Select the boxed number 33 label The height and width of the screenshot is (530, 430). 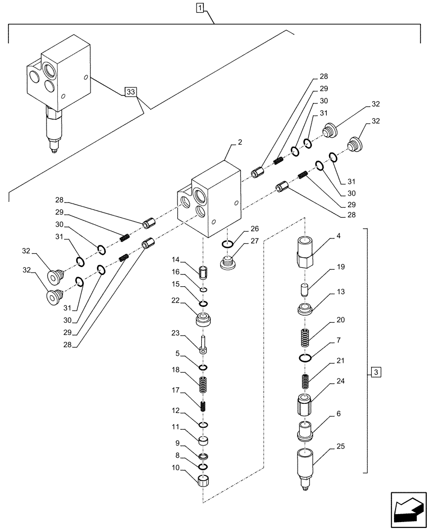(131, 92)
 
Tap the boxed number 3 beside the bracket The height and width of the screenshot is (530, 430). (375, 372)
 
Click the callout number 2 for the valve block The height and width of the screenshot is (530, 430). (239, 142)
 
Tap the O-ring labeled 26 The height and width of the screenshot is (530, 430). (227, 244)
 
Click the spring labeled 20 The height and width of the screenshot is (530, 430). (305, 337)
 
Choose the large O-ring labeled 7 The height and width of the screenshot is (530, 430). (305, 358)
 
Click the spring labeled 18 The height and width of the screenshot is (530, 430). (203, 385)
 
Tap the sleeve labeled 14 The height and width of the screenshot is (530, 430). (203, 273)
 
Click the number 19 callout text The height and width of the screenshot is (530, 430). (341, 267)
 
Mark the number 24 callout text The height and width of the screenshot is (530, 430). (341, 381)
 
